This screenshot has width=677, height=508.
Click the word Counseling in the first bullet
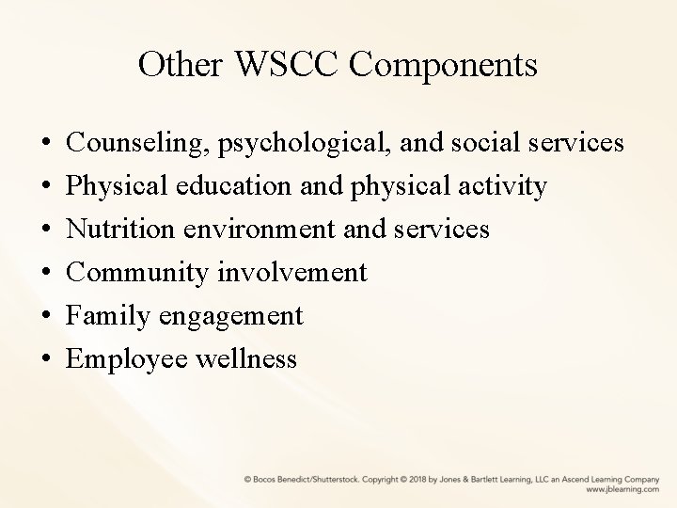click(x=138, y=143)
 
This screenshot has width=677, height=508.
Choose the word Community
click(x=139, y=272)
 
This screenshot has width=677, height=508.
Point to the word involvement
click(x=292, y=272)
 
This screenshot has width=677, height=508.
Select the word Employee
click(x=130, y=358)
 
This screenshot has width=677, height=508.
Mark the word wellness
click(x=248, y=358)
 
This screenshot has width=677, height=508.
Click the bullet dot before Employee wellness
click(x=46, y=359)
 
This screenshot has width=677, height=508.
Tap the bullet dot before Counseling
click(x=46, y=144)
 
